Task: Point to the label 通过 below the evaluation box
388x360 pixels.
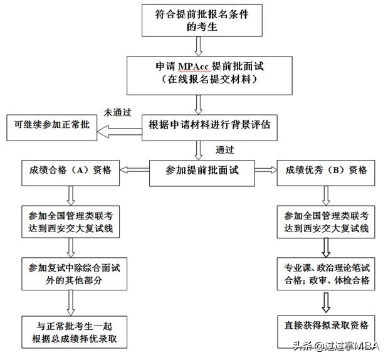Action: coord(226,150)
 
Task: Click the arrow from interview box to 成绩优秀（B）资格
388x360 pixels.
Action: coord(265,169)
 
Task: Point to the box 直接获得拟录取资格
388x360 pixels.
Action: coord(325,325)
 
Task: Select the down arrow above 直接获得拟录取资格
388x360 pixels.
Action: coord(325,303)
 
